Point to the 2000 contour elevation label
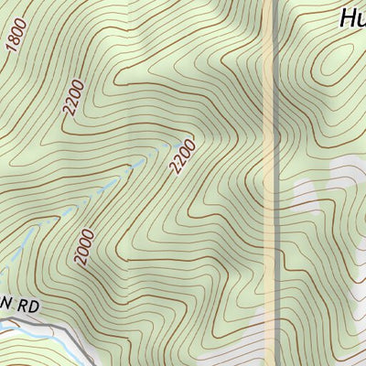(84, 246)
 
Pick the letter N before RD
(9, 301)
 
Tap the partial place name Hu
(352, 17)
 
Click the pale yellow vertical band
(270, 183)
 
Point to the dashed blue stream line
(137, 165)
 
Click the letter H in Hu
(347, 17)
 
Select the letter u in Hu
(360, 19)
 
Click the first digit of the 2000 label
(80, 259)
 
